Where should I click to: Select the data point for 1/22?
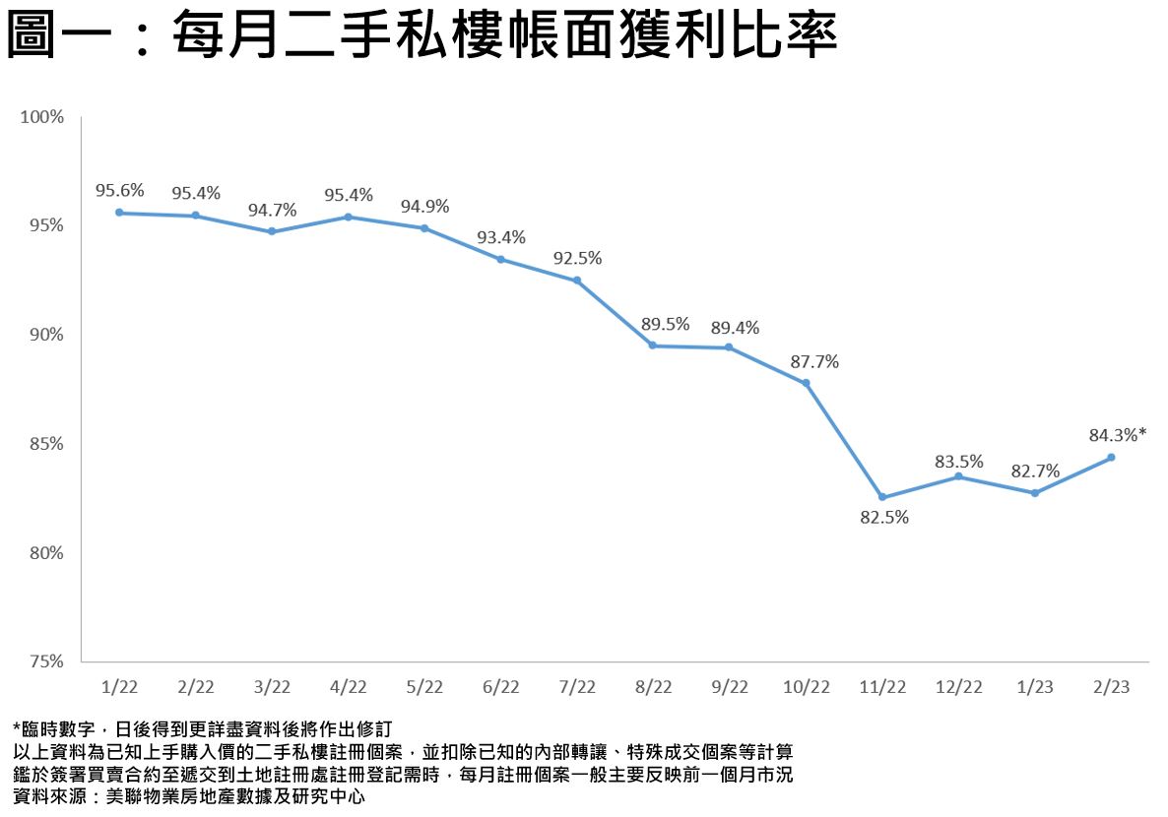tap(119, 213)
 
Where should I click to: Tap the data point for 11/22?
tap(882, 497)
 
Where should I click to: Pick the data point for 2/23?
tap(1111, 457)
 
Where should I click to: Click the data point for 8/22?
tap(653, 346)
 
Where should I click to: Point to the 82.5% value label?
tap(882, 518)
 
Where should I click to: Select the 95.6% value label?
tap(119, 190)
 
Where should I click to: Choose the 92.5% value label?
tap(577, 259)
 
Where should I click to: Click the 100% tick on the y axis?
tap(42, 117)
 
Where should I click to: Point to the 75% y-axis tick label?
tap(46, 661)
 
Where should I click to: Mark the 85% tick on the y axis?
tap(46, 444)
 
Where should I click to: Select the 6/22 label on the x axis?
tap(500, 687)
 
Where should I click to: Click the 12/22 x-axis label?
tap(958, 687)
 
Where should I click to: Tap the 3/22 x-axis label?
tap(272, 687)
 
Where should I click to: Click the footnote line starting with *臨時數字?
tap(202, 730)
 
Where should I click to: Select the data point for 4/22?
tap(348, 217)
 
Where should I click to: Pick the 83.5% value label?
tap(958, 461)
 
